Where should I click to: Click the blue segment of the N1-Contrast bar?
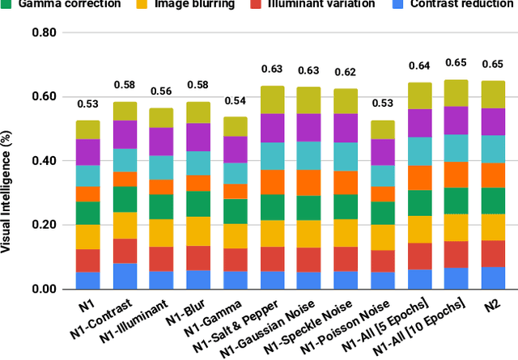pyautogui.click(x=124, y=276)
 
